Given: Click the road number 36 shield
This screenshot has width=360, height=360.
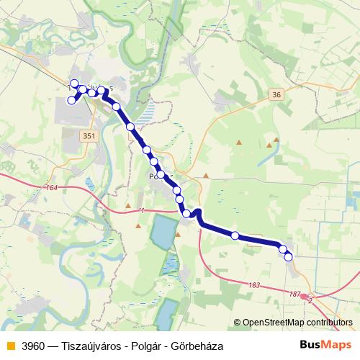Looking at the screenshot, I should tap(278, 94).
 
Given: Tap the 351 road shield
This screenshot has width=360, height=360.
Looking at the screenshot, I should tap(89, 135).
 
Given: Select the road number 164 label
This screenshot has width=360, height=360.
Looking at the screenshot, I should tap(50, 188).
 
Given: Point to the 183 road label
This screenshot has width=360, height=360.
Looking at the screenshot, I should tap(253, 286).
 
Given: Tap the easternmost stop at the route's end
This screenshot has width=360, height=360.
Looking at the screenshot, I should tap(289, 257).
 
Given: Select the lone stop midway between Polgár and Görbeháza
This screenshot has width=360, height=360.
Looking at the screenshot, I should tap(235, 235).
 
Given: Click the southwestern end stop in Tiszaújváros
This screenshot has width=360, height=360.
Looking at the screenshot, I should tap(71, 102).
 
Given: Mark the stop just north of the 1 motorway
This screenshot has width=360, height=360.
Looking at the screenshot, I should tap(186, 213).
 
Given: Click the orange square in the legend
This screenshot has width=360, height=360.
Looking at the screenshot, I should tap(9, 346).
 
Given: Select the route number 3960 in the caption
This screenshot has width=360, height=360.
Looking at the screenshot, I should tap(35, 346).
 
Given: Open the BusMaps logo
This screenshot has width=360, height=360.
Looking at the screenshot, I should tap(325, 346).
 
